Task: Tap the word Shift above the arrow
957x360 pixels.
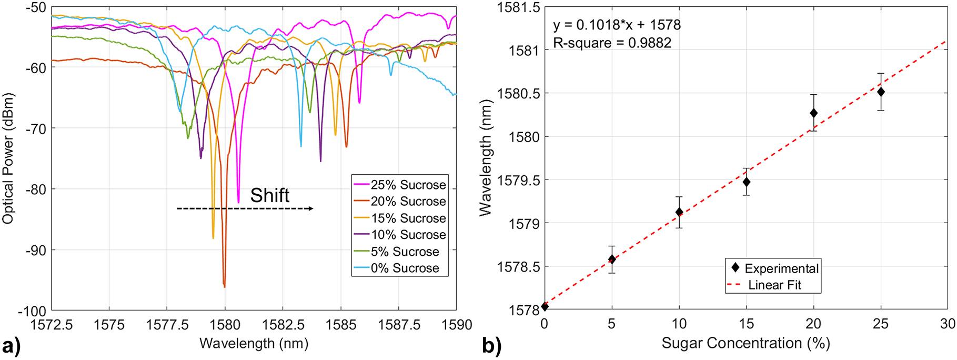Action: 269,195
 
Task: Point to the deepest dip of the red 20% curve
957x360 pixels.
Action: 224,285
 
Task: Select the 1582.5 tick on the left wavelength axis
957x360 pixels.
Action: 283,325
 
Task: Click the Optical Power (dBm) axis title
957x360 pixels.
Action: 8,158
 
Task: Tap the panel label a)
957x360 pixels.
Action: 11,347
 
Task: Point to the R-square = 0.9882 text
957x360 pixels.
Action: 612,43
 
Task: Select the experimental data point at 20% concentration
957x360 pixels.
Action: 813,113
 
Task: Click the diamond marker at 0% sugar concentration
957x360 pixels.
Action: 545,306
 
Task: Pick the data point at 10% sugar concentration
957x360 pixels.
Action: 679,212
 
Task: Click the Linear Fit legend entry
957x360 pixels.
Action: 774,285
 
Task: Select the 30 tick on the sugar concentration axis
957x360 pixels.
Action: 948,324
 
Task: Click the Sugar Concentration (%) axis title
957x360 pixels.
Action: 746,343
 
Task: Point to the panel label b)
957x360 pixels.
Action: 491,347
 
